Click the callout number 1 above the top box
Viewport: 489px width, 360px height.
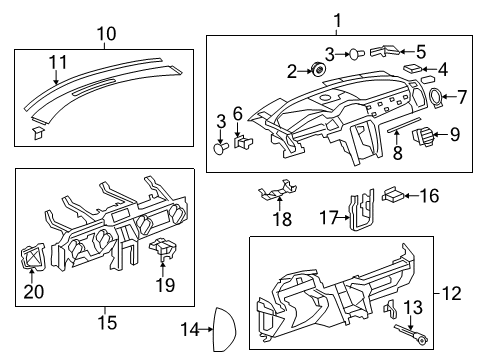(337, 19)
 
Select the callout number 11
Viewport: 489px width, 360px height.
(59, 62)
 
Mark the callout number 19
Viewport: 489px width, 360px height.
(165, 285)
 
